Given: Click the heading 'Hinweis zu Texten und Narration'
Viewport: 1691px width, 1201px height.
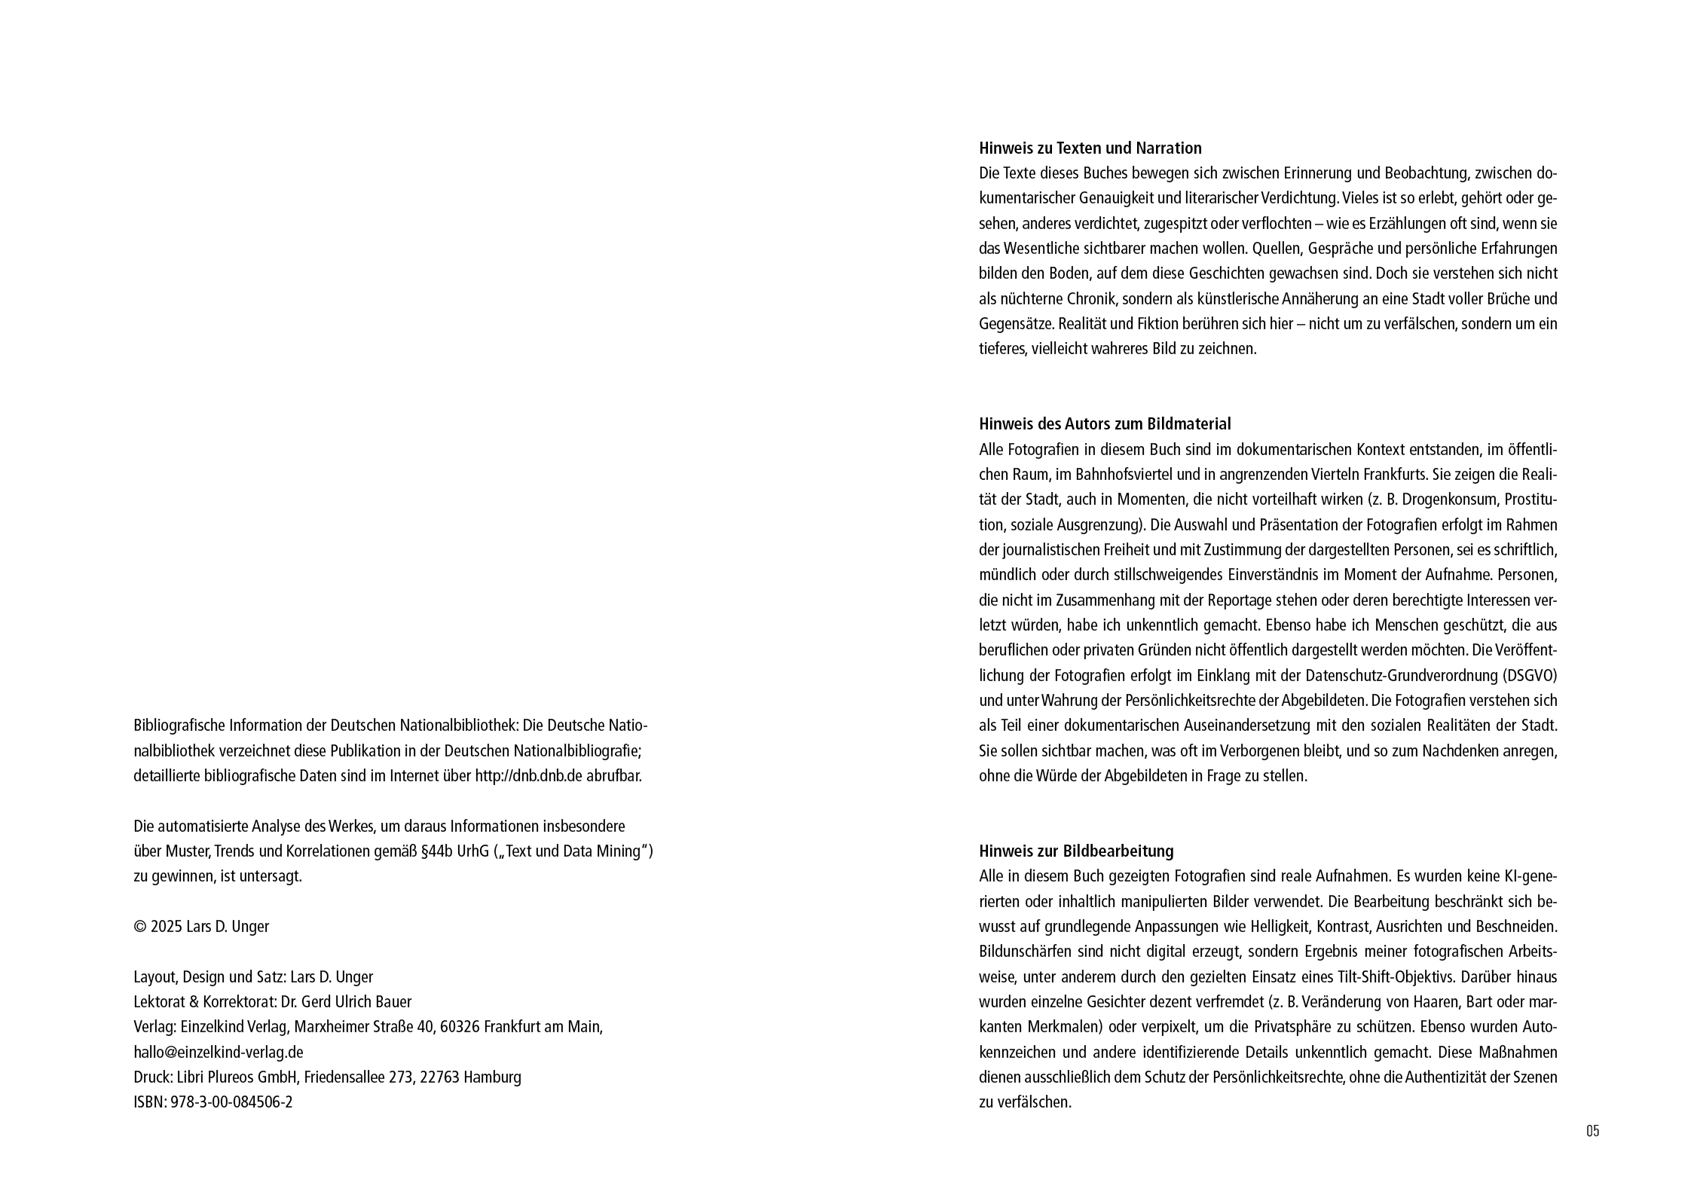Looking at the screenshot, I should [x=1090, y=148].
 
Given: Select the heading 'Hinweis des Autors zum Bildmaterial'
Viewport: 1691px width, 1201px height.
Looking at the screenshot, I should [x=1105, y=423].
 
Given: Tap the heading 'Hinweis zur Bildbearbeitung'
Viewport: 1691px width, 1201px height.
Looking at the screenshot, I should [x=1076, y=851].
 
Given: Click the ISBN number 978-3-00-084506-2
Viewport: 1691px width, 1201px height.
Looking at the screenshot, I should [x=232, y=1102].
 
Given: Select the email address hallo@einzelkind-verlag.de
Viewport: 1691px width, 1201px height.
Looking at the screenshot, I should [x=218, y=1052].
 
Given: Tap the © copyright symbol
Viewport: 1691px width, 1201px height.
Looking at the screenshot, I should [x=139, y=927].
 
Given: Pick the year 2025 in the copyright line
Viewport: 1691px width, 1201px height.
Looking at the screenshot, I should [x=166, y=927].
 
